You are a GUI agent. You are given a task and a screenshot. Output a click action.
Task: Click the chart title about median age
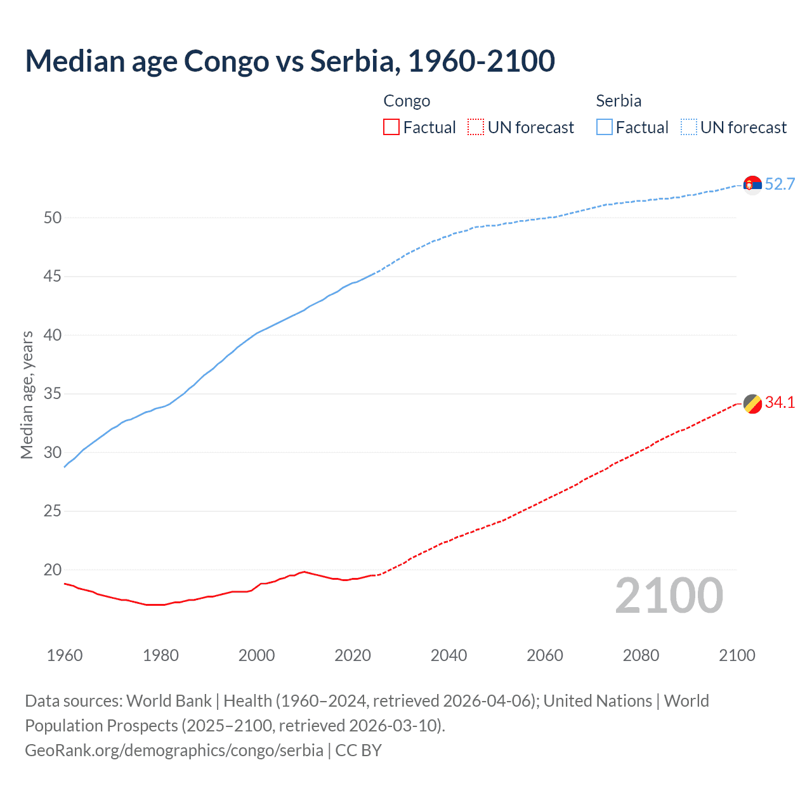coord(290,61)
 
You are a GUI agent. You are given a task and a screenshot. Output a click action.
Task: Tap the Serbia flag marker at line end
coord(752,185)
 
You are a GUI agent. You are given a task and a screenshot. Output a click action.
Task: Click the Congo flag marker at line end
coord(752,403)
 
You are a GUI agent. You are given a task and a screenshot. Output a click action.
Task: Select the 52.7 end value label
coord(780,185)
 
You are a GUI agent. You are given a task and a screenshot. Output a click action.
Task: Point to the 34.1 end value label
coord(780,403)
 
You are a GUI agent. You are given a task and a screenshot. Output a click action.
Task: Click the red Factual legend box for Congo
coord(391,128)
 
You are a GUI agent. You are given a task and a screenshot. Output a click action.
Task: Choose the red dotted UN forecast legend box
coord(476,128)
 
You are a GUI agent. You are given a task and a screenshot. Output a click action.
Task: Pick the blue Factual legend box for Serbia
coord(604,128)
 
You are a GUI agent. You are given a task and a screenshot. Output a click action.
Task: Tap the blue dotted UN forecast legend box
coord(688,128)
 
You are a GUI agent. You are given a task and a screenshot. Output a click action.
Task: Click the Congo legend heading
coord(407,101)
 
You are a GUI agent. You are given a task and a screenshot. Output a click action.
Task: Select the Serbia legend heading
coord(619,101)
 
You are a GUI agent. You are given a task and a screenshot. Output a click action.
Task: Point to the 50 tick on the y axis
coord(53,218)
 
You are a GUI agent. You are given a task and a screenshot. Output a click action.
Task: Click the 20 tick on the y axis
coord(53,570)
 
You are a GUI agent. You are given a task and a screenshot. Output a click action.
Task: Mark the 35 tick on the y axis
coord(53,394)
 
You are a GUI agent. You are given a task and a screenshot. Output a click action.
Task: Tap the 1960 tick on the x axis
coord(65,655)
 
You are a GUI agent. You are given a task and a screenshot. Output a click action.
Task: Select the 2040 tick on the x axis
coord(449,655)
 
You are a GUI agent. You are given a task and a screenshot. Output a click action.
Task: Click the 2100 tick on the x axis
coord(737,655)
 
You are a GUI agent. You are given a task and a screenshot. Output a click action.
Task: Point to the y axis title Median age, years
coord(27,395)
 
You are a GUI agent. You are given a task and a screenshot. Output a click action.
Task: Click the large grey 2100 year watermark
coord(669,596)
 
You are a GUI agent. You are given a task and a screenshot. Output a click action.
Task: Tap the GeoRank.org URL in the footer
coord(174,750)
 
